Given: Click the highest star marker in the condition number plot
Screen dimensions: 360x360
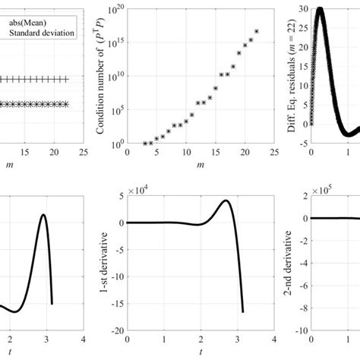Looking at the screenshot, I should [257, 31].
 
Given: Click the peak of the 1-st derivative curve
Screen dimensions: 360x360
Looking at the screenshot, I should [227, 201].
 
